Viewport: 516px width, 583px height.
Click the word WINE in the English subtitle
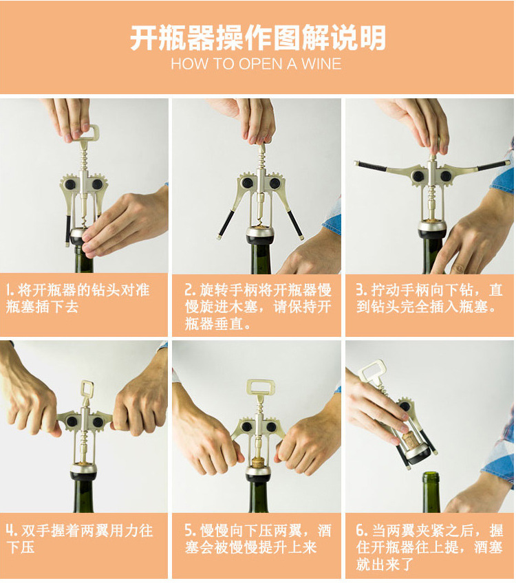321,64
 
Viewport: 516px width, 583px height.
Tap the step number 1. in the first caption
10,290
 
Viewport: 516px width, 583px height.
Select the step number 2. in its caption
190,290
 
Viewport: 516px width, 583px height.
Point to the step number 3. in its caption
361,290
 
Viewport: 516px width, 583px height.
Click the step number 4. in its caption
12,531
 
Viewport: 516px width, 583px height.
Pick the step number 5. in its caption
190,531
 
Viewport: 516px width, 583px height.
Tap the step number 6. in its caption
362,531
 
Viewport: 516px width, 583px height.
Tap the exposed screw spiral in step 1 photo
85,222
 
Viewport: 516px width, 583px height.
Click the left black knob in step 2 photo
247,183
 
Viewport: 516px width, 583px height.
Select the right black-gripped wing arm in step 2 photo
295,224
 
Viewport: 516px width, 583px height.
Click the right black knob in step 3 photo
445,176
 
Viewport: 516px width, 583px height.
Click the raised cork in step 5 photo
258,462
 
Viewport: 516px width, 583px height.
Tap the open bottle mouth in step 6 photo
431,475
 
